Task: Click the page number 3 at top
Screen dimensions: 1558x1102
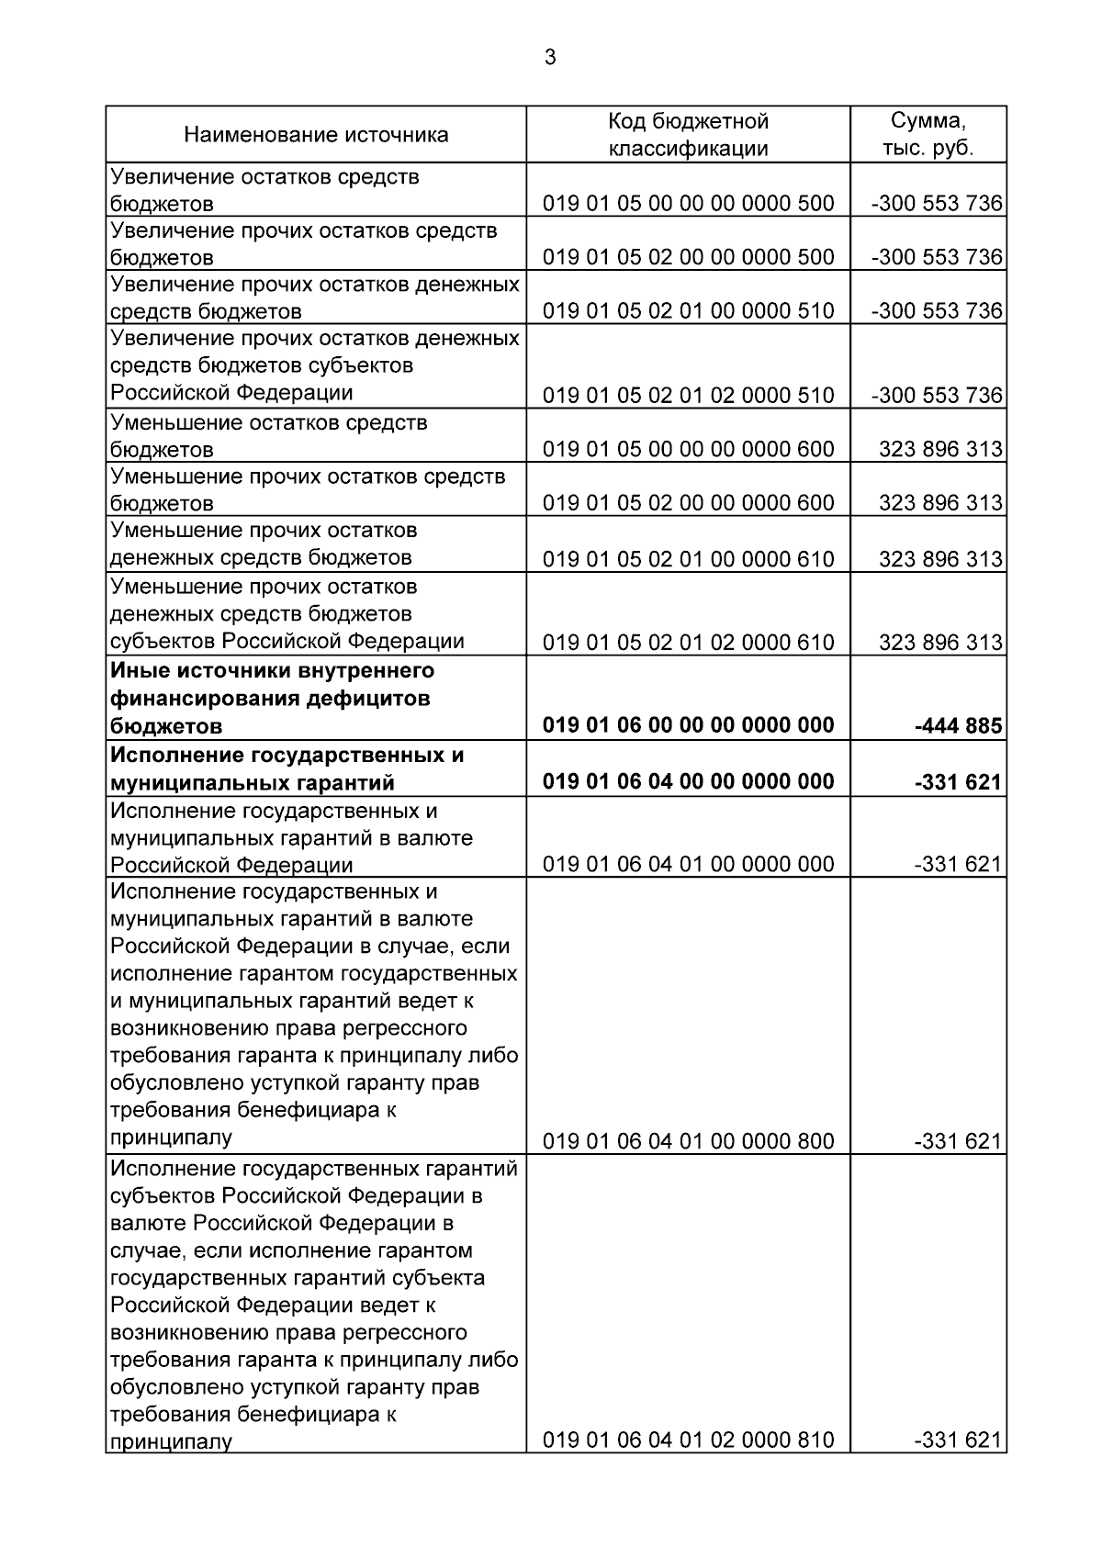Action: (550, 58)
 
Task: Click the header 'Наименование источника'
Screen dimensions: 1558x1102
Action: (316, 135)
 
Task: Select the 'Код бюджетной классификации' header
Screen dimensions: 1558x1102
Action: (688, 135)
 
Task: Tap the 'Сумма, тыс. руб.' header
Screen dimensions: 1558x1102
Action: (928, 135)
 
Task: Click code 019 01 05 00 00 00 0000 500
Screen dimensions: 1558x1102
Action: (688, 203)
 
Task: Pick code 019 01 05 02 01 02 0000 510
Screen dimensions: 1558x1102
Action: (688, 396)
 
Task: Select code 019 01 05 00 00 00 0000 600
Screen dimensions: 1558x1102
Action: (688, 449)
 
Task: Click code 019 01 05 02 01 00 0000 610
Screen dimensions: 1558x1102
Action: (688, 558)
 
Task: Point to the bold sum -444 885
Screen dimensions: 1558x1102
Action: (958, 727)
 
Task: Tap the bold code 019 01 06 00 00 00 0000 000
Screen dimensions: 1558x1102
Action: (688, 725)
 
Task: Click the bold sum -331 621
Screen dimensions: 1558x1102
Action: (958, 782)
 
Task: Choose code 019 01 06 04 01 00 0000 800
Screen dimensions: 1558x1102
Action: (688, 1141)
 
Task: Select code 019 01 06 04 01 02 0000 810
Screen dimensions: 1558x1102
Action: (688, 1440)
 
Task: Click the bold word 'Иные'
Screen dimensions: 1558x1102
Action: (138, 670)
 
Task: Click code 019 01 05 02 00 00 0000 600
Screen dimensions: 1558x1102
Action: (688, 503)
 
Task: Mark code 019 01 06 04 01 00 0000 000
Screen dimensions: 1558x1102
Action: (688, 864)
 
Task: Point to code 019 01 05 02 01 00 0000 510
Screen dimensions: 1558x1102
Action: (688, 311)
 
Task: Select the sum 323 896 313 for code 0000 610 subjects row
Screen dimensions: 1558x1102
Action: (939, 642)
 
